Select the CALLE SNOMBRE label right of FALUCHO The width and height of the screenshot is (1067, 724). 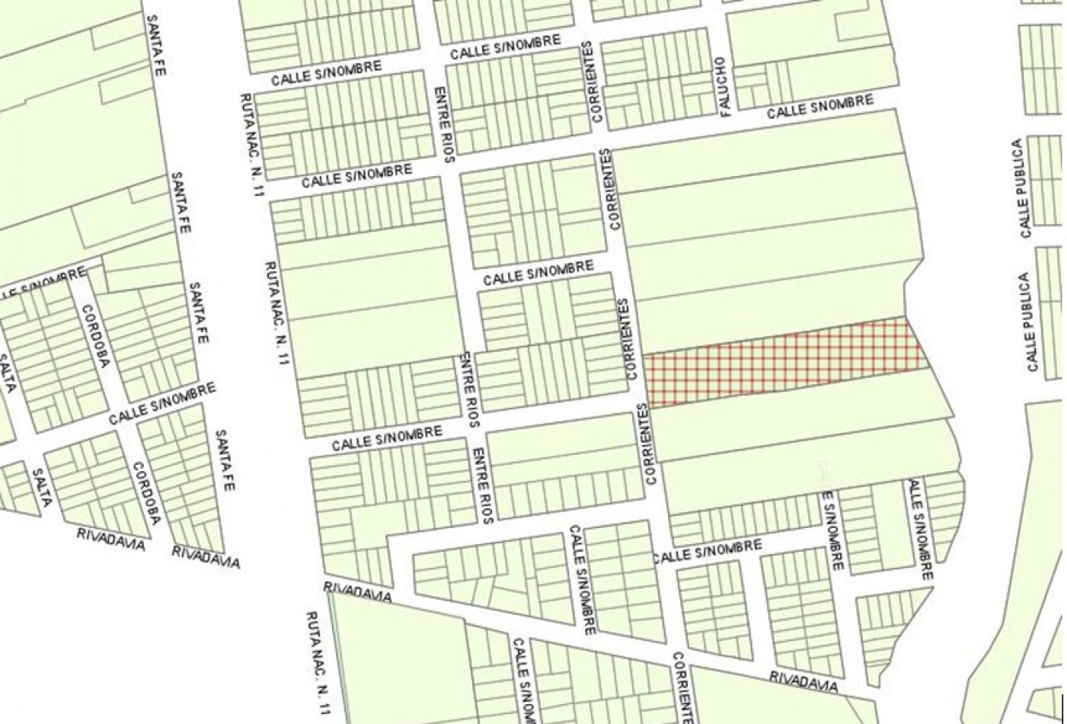coord(819,107)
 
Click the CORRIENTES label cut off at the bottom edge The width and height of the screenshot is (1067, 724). coord(683,686)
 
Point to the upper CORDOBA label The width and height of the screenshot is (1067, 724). coord(96,335)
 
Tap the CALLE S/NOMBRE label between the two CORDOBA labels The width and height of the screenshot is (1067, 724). coord(161,403)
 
